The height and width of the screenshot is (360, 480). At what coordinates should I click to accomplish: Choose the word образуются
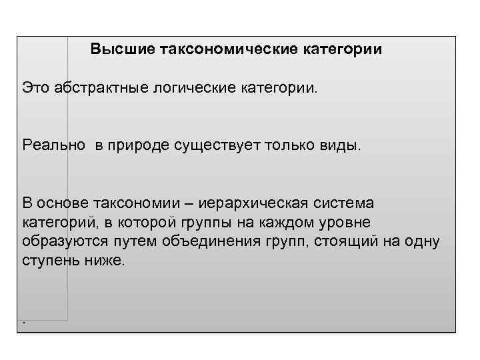point(62,241)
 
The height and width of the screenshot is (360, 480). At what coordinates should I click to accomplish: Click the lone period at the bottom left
point(25,322)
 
